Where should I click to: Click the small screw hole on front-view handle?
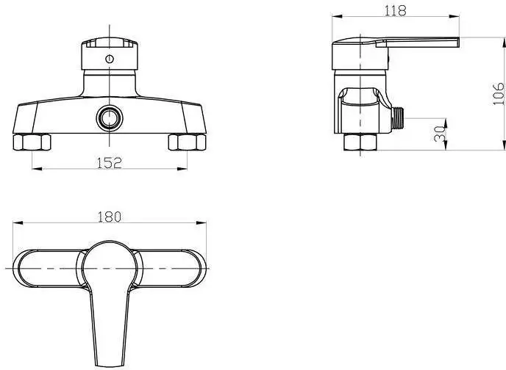click(x=109, y=59)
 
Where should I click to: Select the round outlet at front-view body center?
click(x=109, y=118)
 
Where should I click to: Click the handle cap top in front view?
click(x=109, y=43)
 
